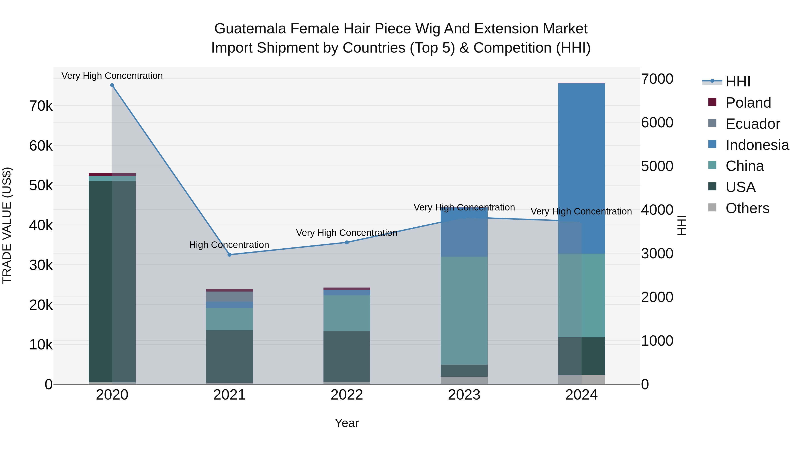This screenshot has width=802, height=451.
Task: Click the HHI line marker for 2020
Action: [x=112, y=85]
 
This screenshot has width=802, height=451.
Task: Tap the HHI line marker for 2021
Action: [x=229, y=255]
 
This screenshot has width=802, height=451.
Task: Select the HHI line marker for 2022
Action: [x=347, y=243]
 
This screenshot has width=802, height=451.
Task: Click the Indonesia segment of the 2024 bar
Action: [x=581, y=168]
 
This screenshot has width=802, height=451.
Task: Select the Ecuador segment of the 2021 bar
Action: [x=229, y=297]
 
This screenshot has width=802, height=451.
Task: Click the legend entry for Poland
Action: [x=748, y=103]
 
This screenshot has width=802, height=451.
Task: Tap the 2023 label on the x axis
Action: [x=464, y=395]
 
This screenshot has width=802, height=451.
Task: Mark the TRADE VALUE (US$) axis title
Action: [x=7, y=225]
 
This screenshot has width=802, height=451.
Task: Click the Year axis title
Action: [x=346, y=423]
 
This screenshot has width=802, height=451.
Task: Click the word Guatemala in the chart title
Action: [x=250, y=29]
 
